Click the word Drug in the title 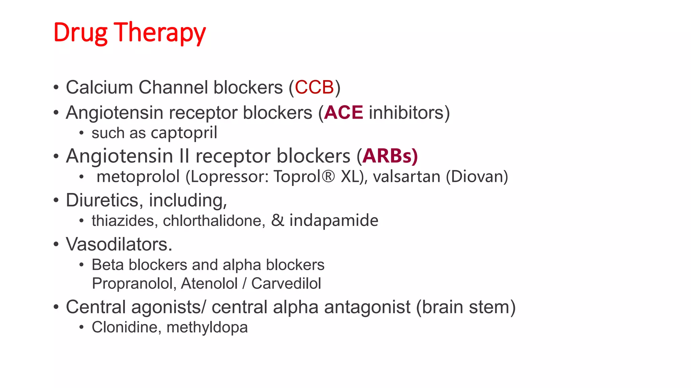pyautogui.click(x=80, y=33)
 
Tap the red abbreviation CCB pyautogui.click(x=314, y=87)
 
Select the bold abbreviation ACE pyautogui.click(x=343, y=112)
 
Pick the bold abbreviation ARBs pyautogui.click(x=389, y=156)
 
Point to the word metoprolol pyautogui.click(x=138, y=177)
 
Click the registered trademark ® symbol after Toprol pyautogui.click(x=328, y=176)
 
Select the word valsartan pyautogui.click(x=407, y=177)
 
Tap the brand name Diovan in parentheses pyautogui.click(x=477, y=177)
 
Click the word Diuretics pyautogui.click(x=102, y=200)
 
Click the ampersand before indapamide pyautogui.click(x=278, y=221)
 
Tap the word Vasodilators pyautogui.click(x=118, y=244)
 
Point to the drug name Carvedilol pyautogui.click(x=286, y=284)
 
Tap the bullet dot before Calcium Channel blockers pyautogui.click(x=56, y=88)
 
